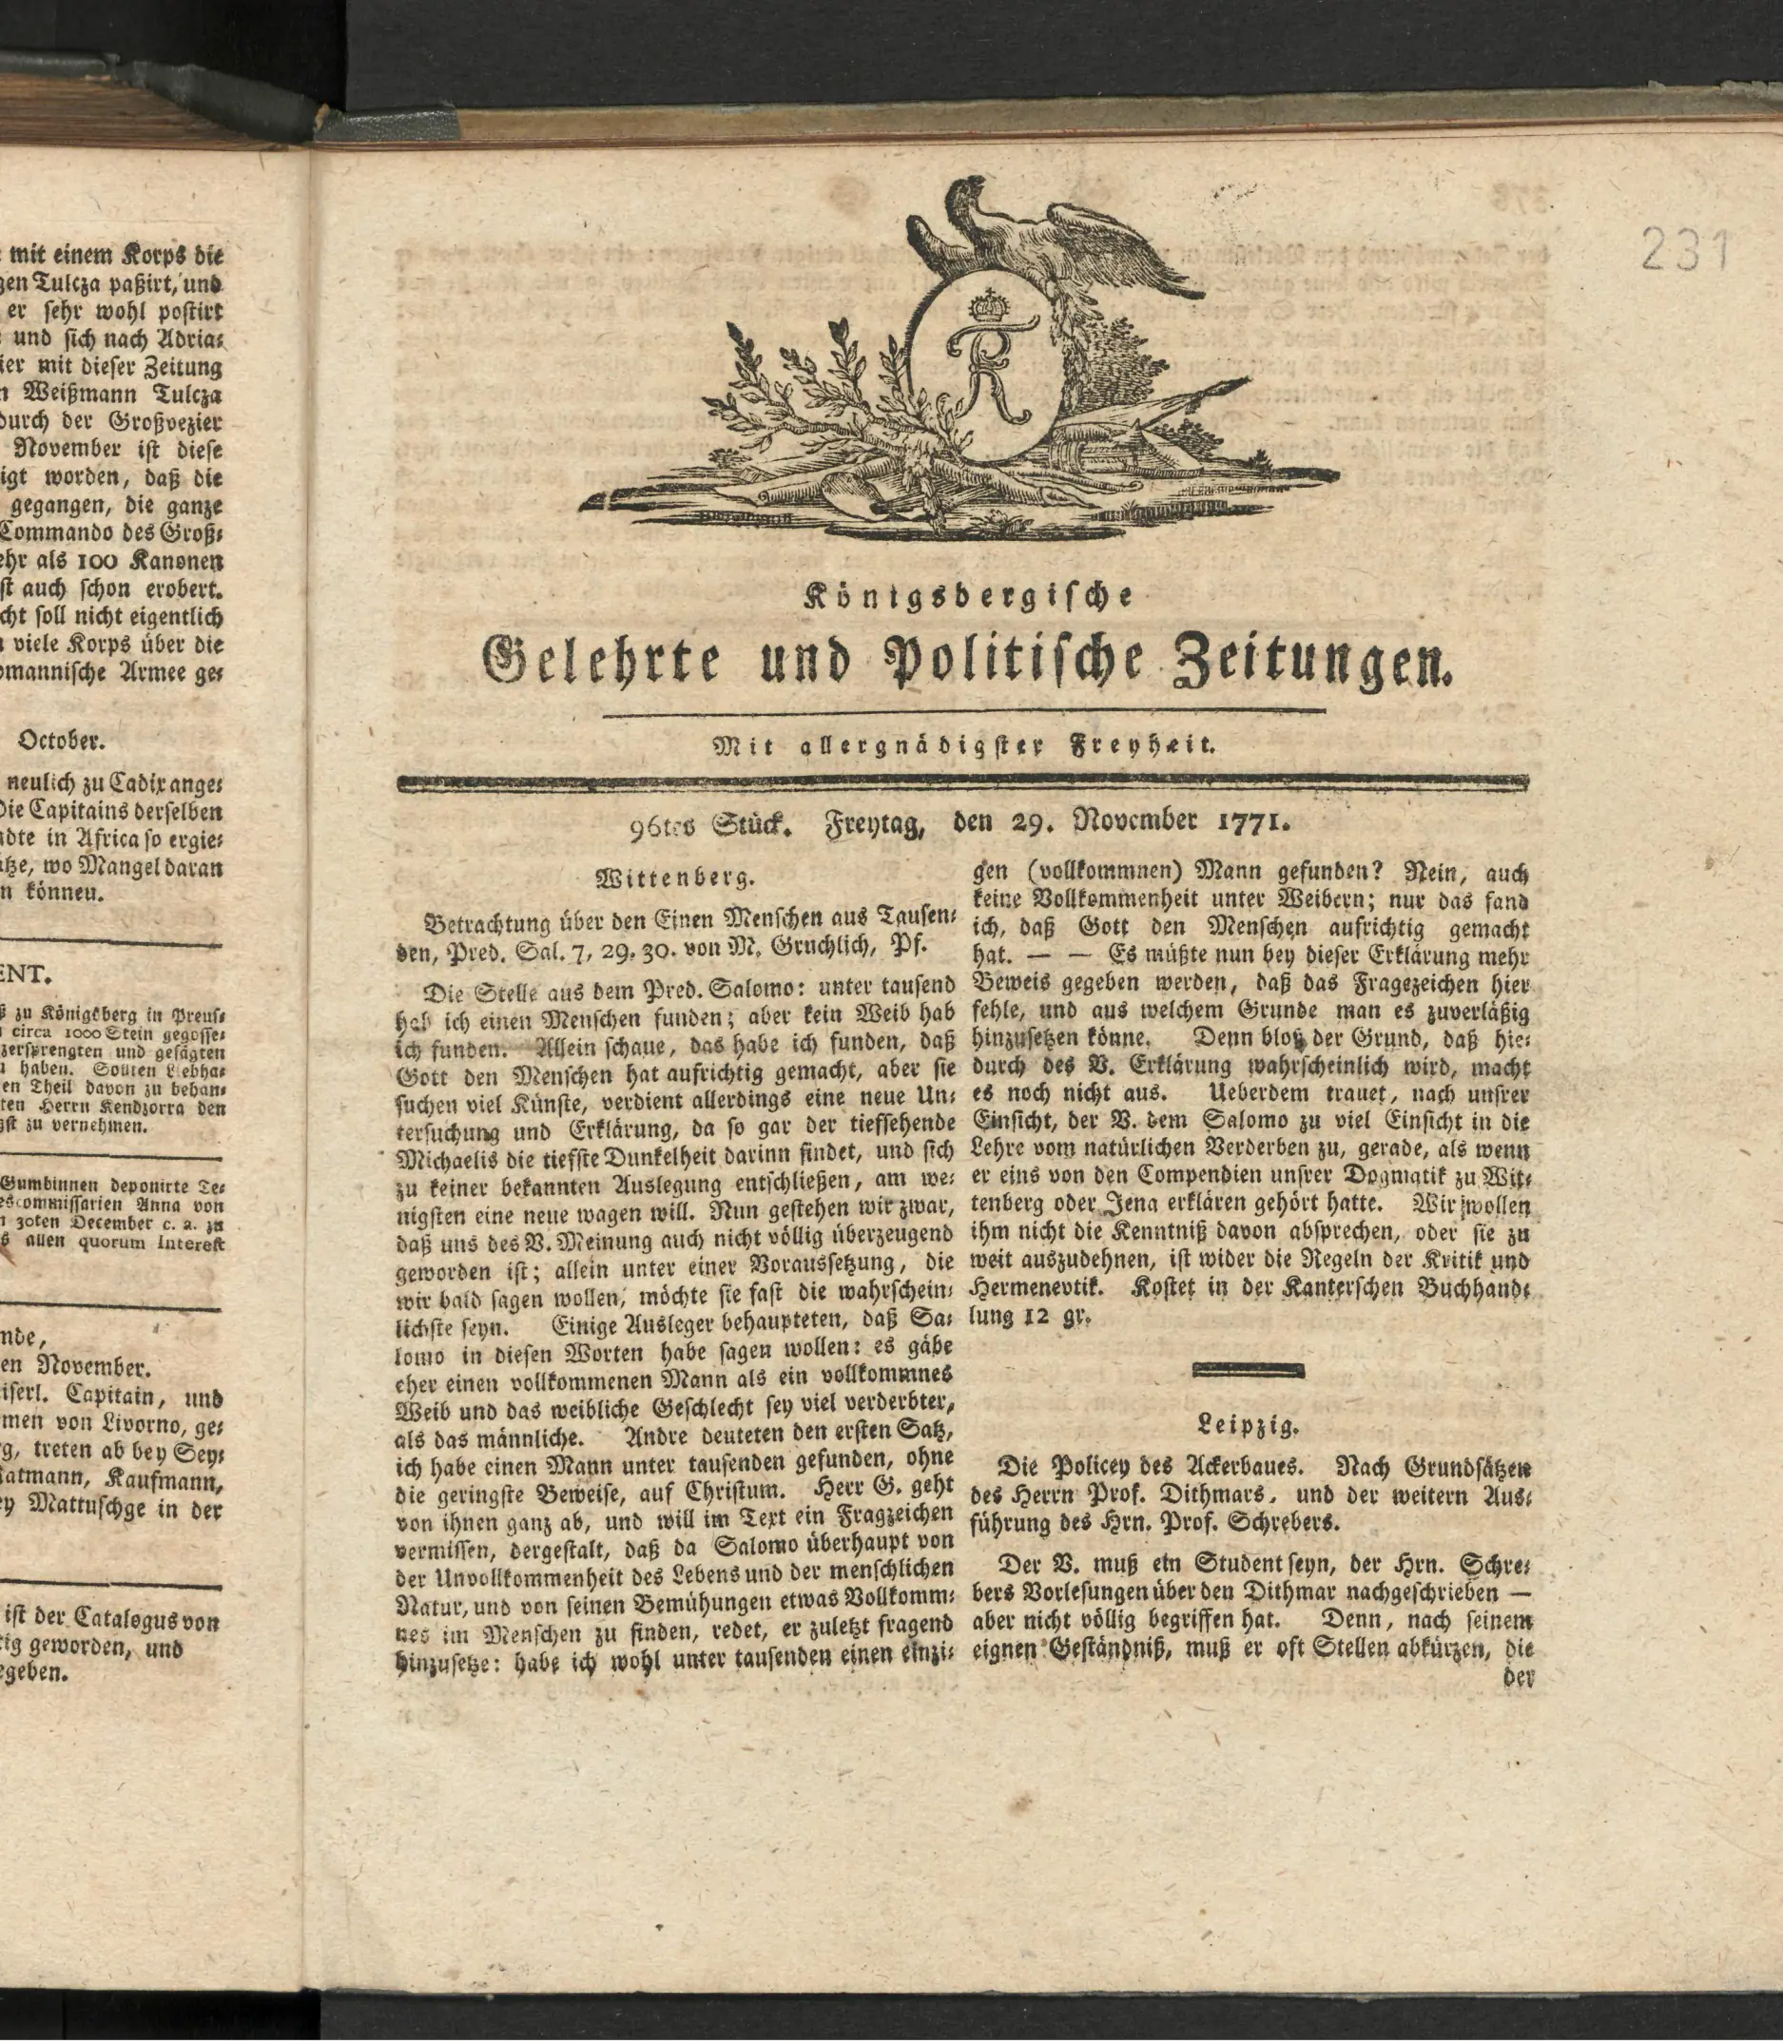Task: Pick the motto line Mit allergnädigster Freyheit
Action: (x=963, y=743)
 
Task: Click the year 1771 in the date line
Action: (x=1252, y=822)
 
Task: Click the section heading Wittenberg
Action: (x=674, y=878)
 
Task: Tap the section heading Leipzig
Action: (x=1249, y=1424)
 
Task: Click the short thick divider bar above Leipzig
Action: (x=1249, y=1371)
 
